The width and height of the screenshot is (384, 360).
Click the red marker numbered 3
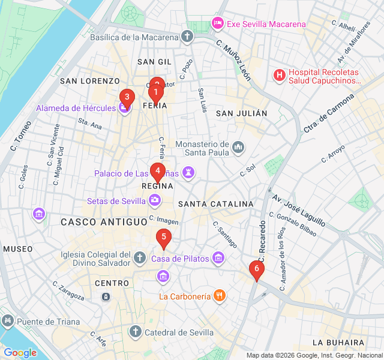click(x=127, y=97)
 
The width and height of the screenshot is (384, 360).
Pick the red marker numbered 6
click(x=257, y=269)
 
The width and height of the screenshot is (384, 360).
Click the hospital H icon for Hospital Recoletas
click(x=279, y=75)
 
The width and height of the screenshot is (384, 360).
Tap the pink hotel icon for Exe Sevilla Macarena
click(x=217, y=23)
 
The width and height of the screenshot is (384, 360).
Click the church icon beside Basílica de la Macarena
click(x=188, y=37)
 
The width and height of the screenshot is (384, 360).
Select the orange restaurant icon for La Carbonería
click(x=220, y=295)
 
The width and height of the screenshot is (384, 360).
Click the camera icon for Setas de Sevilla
click(x=155, y=200)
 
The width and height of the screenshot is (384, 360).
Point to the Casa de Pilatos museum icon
click(x=218, y=259)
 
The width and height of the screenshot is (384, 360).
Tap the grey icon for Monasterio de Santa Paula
click(x=238, y=147)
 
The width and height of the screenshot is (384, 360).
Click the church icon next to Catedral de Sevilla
click(x=136, y=331)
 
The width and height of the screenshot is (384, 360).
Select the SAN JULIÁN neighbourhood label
click(x=241, y=113)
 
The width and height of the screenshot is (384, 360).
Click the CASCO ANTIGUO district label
click(x=104, y=222)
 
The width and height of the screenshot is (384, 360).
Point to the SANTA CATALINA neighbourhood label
click(x=216, y=204)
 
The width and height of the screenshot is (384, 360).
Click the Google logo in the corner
click(x=20, y=353)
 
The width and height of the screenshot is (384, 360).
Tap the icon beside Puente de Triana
click(x=7, y=321)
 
